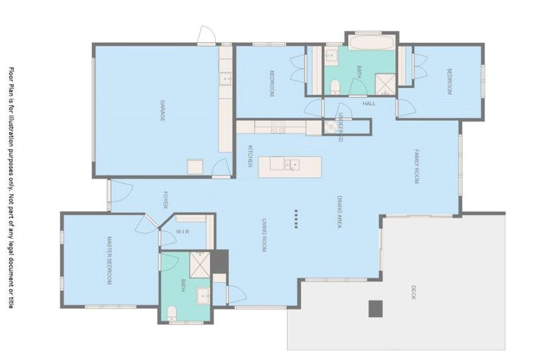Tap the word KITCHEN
coord(250,156)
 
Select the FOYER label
coord(166,200)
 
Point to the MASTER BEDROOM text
coord(109,260)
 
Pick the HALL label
coord(369,103)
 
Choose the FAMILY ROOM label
coord(416,167)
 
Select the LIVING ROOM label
coord(264,235)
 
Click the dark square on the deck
coord(375,308)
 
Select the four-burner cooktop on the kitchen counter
coord(278,127)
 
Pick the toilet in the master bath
coord(171,311)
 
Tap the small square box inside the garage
coord(195,166)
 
